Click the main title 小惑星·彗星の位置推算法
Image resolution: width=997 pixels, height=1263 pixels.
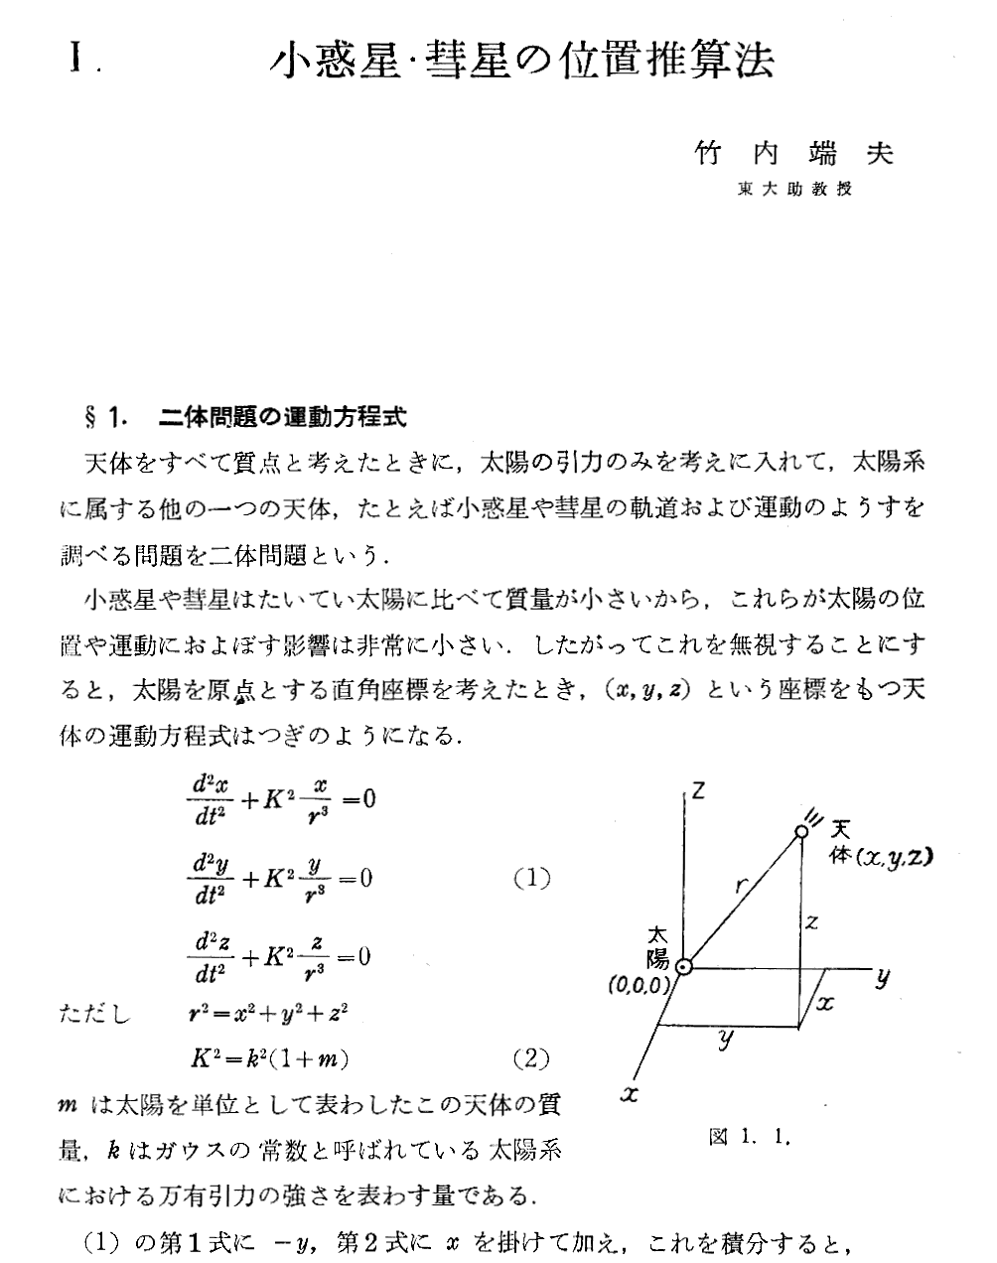click(522, 60)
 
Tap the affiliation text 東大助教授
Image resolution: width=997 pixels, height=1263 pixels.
click(794, 190)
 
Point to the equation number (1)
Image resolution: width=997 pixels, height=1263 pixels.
click(531, 879)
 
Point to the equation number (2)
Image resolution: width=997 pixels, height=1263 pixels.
click(531, 1058)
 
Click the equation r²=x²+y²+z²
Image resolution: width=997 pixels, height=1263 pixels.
click(268, 1014)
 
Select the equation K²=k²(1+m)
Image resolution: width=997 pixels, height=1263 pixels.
click(268, 1059)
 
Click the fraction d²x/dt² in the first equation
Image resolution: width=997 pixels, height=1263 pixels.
click(209, 799)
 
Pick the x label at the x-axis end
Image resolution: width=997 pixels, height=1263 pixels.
click(627, 1095)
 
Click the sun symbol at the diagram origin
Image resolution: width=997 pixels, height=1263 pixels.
click(683, 965)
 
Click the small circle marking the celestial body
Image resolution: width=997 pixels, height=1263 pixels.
click(801, 832)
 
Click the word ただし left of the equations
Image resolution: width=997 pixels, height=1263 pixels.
click(95, 1015)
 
